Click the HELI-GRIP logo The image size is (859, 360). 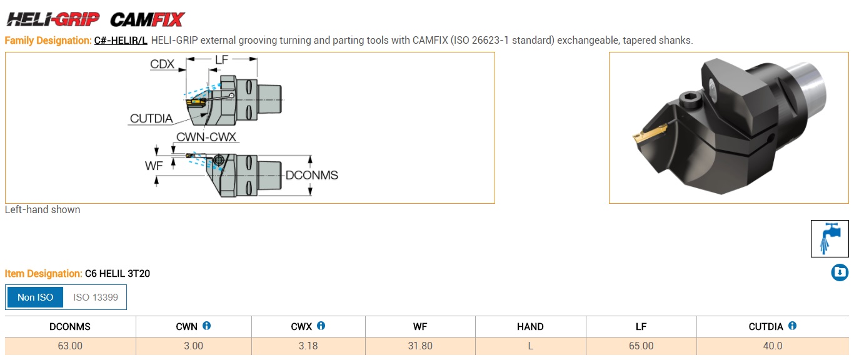(x=53, y=19)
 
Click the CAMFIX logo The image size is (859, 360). (x=148, y=19)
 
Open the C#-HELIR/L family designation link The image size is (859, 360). (x=121, y=41)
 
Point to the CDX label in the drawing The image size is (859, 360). (x=162, y=64)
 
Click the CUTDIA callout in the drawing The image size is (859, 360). (x=151, y=119)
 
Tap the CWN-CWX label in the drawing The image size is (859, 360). (x=206, y=137)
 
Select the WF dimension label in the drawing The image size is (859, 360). (x=154, y=165)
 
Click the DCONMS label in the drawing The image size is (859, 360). (x=311, y=176)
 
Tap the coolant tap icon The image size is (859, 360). (x=830, y=239)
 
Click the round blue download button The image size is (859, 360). (x=840, y=272)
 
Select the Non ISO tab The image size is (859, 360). (x=36, y=297)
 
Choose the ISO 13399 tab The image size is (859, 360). (x=96, y=297)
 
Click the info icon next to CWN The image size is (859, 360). (x=207, y=326)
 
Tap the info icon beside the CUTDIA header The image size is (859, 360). (x=792, y=326)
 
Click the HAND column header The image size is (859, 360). (x=530, y=327)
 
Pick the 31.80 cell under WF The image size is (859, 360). (x=419, y=346)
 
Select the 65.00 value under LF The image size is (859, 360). (x=640, y=346)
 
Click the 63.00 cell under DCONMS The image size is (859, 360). (x=70, y=346)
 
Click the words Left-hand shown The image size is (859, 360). (x=43, y=210)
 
